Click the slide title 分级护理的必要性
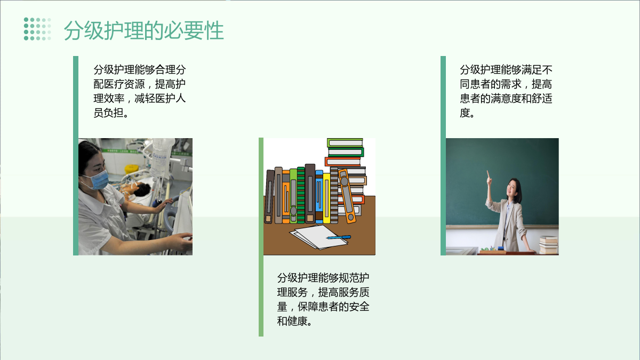pyautogui.click(x=143, y=30)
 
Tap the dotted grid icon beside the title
pyautogui.click(x=37, y=29)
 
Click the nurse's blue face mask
pyautogui.click(x=99, y=180)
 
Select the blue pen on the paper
pyautogui.click(x=339, y=237)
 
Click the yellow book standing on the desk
pyautogui.click(x=326, y=198)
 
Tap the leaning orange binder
pyautogui.click(x=347, y=196)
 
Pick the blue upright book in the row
pyautogui.click(x=319, y=197)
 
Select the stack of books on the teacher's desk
pyautogui.click(x=549, y=245)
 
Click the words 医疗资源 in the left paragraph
pyautogui.click(x=125, y=84)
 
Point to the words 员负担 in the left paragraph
pyautogui.click(x=109, y=113)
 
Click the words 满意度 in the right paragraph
pyautogui.click(x=506, y=98)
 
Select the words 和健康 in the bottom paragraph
pyautogui.click(x=292, y=321)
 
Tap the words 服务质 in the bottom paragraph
pyautogui.click(x=354, y=292)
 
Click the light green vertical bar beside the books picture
pyautogui.click(x=261, y=237)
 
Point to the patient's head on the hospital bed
pyautogui.click(x=142, y=190)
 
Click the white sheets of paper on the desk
pyautogui.click(x=319, y=237)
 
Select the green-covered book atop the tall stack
pyautogui.click(x=345, y=142)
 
